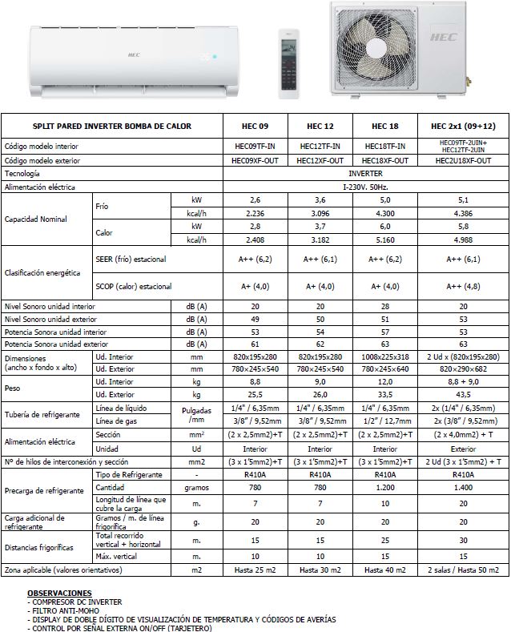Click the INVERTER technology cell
(364, 173)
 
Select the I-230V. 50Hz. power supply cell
(364, 187)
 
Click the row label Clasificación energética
(42, 273)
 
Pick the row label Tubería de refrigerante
(42, 415)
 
